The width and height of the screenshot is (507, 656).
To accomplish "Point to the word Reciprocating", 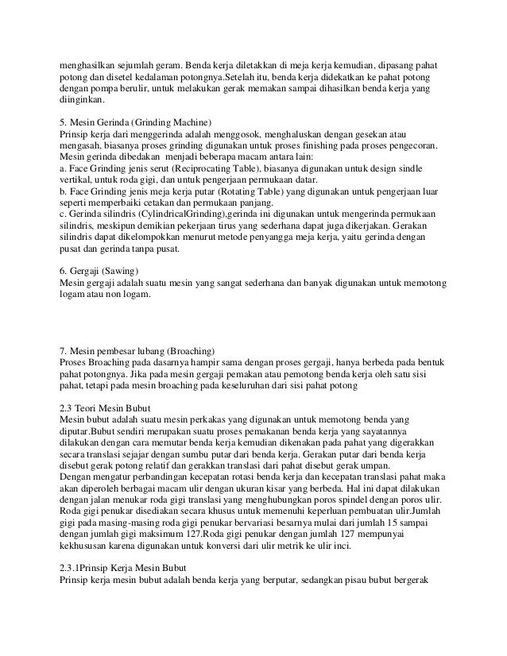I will pos(188,168).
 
